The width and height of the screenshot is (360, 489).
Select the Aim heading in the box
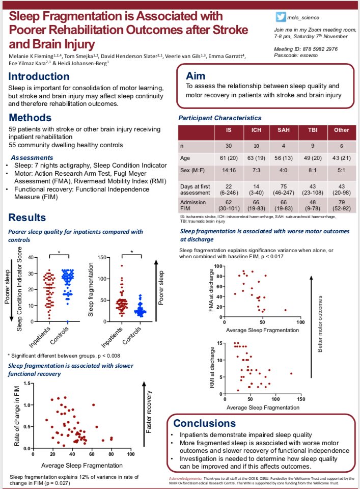196,75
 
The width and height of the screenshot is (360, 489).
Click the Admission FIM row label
194,204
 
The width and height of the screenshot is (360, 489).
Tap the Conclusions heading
205,423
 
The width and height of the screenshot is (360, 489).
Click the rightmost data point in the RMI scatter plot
291,373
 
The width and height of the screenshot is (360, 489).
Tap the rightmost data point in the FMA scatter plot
285,310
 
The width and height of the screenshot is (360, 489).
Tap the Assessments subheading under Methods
33,157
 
